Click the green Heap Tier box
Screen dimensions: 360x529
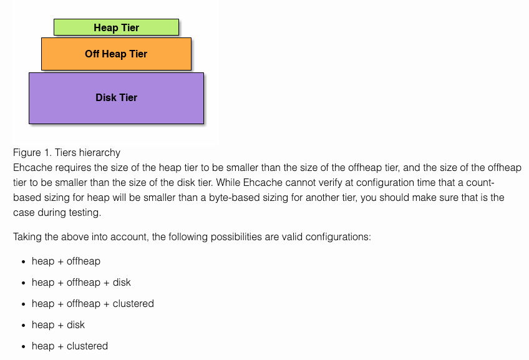(x=116, y=27)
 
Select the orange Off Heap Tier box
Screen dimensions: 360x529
(x=116, y=54)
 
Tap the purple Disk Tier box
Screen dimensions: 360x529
(x=116, y=98)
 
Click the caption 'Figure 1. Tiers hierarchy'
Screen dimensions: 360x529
(x=67, y=152)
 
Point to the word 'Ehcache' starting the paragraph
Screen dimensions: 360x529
(x=31, y=167)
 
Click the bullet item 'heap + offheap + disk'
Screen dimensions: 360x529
(x=81, y=283)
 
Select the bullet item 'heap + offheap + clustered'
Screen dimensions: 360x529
(x=92, y=304)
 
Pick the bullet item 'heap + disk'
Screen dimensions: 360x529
(x=58, y=325)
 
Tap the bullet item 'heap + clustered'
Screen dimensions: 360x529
(x=70, y=346)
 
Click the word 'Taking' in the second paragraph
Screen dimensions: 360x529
(x=27, y=237)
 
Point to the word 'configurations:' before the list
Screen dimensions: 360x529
(x=340, y=237)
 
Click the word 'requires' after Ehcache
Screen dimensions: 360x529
(x=70, y=167)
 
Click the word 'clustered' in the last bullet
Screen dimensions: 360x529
(x=87, y=346)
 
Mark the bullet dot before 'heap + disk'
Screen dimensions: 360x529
(x=22, y=326)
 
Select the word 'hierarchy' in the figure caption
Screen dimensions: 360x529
(x=100, y=152)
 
